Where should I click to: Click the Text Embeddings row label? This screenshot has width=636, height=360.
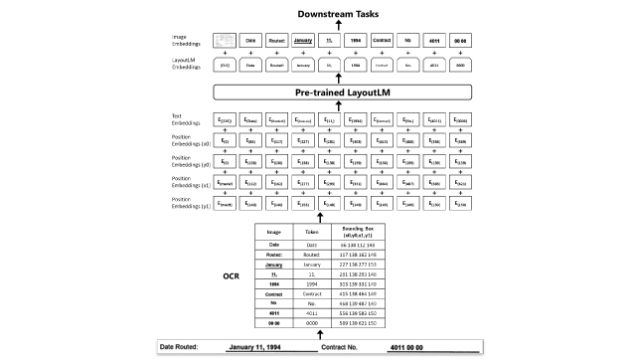(x=185, y=119)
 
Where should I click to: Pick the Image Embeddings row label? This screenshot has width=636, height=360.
(x=185, y=39)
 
